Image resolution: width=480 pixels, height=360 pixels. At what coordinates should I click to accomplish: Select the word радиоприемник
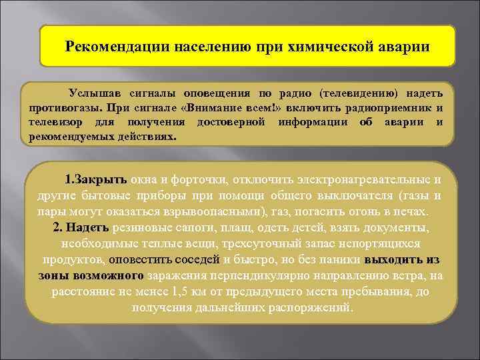tap(388, 108)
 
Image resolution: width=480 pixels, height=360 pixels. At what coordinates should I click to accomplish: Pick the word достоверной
tap(231, 123)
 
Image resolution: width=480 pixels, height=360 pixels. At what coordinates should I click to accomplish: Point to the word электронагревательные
tap(364, 180)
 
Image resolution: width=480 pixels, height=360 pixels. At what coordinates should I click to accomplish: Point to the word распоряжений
tap(316, 308)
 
